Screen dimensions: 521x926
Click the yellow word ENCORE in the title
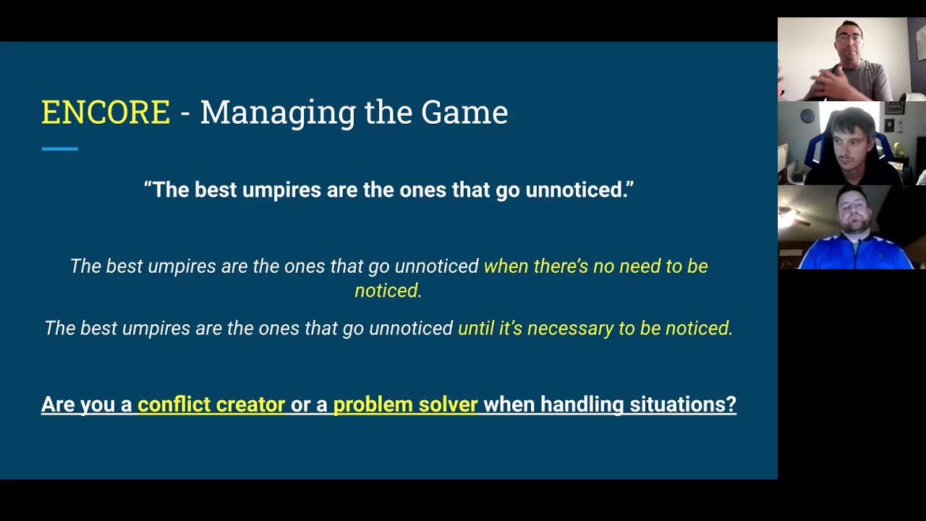(106, 113)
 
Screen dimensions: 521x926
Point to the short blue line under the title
(59, 149)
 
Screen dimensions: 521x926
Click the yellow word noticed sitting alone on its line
(388, 291)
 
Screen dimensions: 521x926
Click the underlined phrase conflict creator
(211, 404)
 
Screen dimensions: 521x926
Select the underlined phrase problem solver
(405, 404)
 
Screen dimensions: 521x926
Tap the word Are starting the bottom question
(58, 404)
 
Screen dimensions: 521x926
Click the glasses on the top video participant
(849, 37)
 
